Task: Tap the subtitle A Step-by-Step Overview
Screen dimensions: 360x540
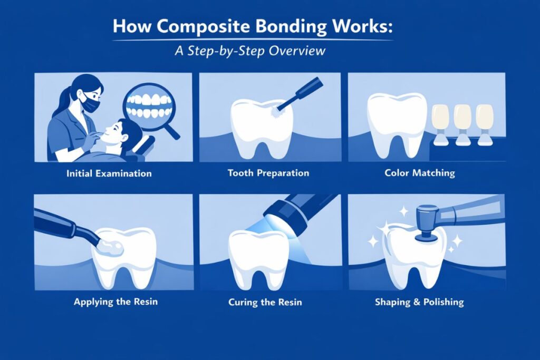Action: [269, 51]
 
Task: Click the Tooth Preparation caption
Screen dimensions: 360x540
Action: [268, 173]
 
